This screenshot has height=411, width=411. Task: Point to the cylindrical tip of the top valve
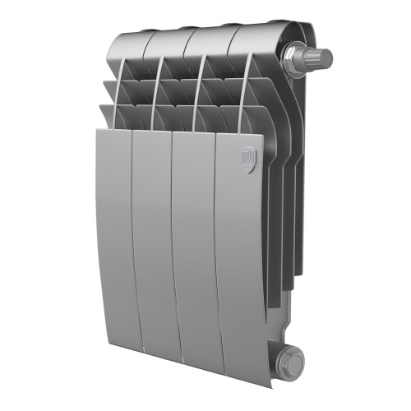tap(322, 58)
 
